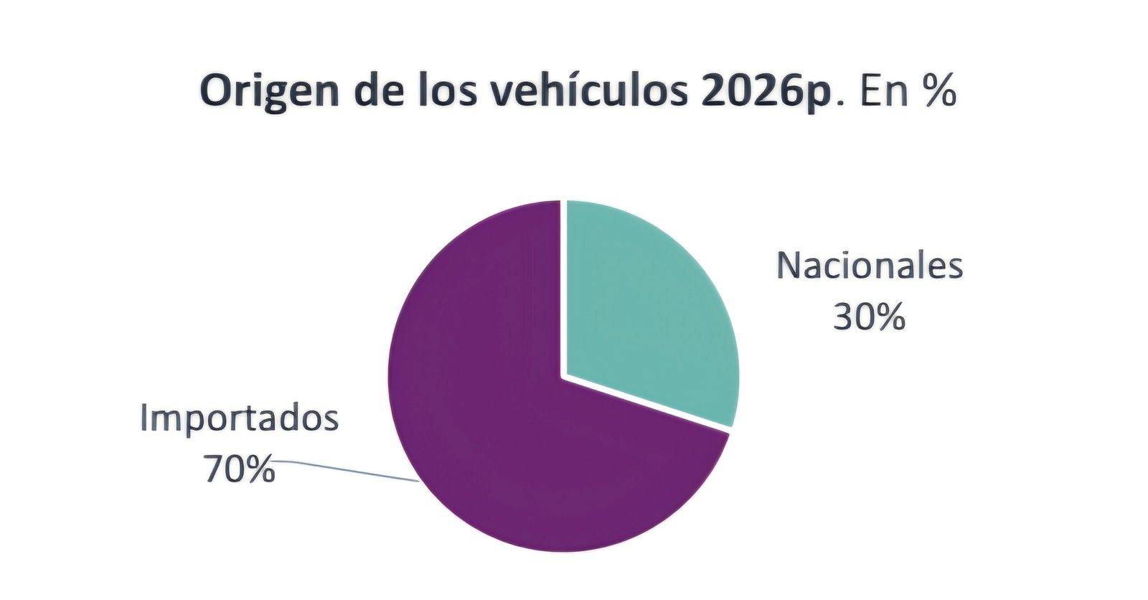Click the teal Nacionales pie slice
coord(646,309)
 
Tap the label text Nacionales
coord(870,266)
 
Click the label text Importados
coord(239,418)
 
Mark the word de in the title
coord(376,92)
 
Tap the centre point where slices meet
coord(563,375)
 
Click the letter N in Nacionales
coord(789,266)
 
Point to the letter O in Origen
coord(216,92)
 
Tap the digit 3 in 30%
coord(844,317)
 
